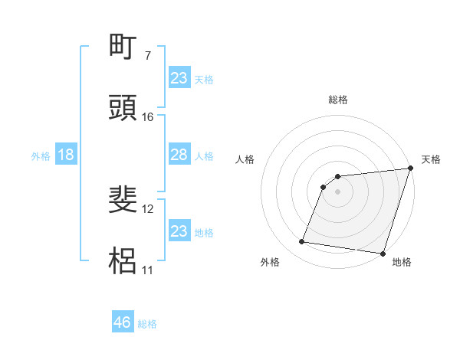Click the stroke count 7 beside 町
pos(148,56)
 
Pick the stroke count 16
pos(148,117)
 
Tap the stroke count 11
pos(148,270)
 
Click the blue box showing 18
pos(66,155)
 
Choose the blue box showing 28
pos(179,155)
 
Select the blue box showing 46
pos(123,322)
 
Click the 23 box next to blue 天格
pos(179,78)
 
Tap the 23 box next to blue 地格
pos(179,231)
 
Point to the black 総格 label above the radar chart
pos(338,100)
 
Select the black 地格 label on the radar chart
pos(402,263)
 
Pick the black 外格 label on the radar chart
pos(270,263)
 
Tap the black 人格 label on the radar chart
pos(245,159)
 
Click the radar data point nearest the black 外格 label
pos(302,242)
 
